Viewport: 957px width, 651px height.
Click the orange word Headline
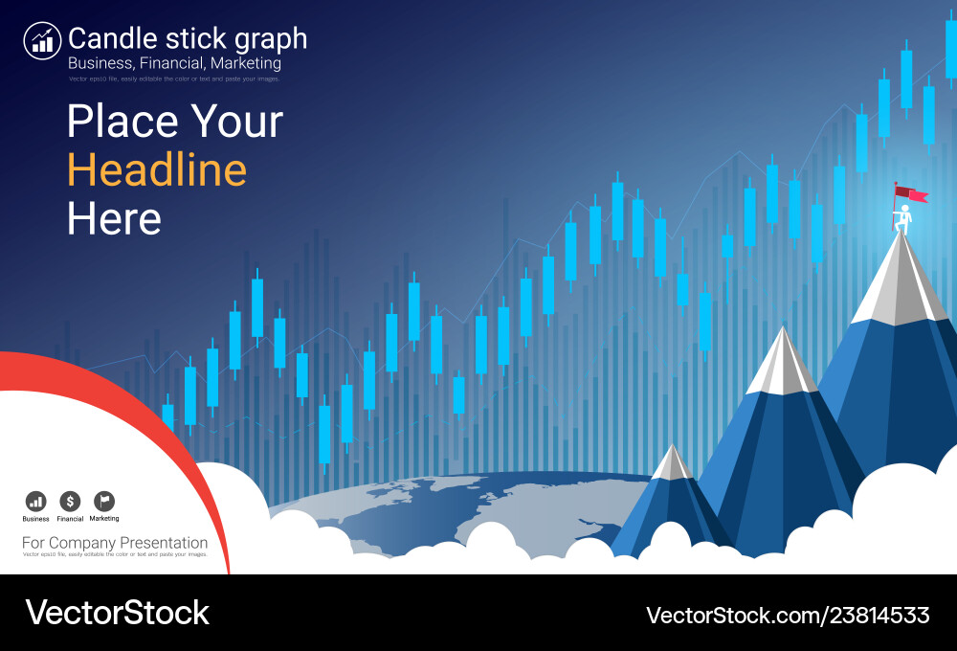pyautogui.click(x=157, y=170)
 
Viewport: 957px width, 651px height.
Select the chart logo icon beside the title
pyautogui.click(x=42, y=40)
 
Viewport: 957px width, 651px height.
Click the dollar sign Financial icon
pyautogui.click(x=70, y=501)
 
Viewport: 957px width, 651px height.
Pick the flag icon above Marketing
pyautogui.click(x=103, y=501)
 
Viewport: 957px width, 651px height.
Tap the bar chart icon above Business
pyautogui.click(x=35, y=501)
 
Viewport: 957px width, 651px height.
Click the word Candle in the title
pyautogui.click(x=104, y=38)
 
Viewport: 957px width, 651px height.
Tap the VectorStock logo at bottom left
pyautogui.click(x=117, y=613)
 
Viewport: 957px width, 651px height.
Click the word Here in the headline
pyautogui.click(x=114, y=219)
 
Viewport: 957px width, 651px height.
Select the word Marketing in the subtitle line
pyautogui.click(x=249, y=63)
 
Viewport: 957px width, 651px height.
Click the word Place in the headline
pyautogui.click(x=122, y=123)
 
